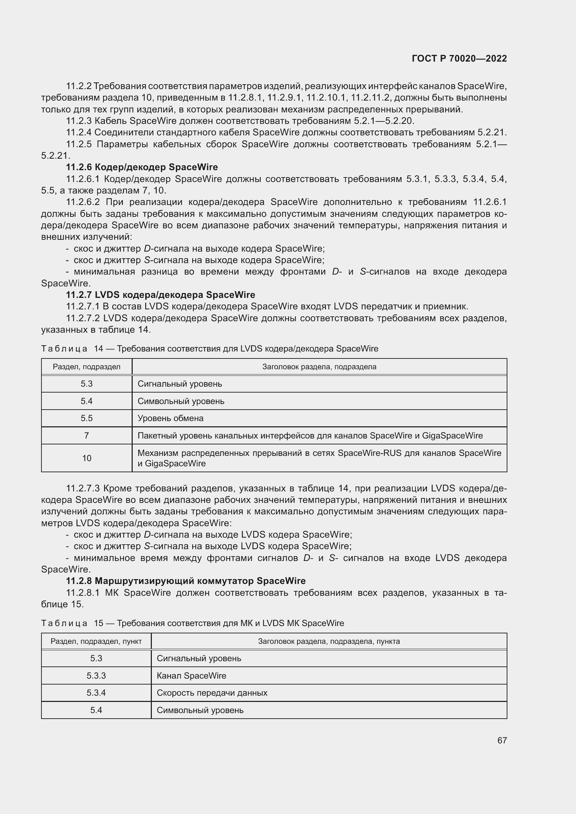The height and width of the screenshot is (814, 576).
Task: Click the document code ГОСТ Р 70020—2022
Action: click(x=459, y=59)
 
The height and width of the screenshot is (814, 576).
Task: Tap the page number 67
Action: click(x=501, y=740)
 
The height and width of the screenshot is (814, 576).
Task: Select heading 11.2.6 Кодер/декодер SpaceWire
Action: click(x=142, y=167)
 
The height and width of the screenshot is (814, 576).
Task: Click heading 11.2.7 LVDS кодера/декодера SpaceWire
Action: click(x=160, y=295)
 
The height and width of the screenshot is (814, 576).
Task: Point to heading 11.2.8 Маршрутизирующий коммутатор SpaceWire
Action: click(x=186, y=581)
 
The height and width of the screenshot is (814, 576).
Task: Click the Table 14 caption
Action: click(x=210, y=348)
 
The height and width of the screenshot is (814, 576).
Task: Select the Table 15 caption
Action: click(x=193, y=623)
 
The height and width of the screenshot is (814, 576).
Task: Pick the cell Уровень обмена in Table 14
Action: click(x=171, y=418)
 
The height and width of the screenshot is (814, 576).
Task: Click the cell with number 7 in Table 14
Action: click(x=87, y=435)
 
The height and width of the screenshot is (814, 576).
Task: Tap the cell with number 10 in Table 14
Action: click(x=87, y=458)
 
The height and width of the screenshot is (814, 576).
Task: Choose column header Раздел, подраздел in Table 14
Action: click(x=87, y=366)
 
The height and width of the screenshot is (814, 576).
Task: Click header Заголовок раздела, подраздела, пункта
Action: click(x=329, y=641)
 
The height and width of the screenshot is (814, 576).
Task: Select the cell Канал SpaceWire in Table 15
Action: click(x=192, y=675)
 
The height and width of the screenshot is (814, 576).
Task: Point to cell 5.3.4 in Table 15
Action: click(x=96, y=693)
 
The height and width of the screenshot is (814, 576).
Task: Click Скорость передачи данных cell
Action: click(x=212, y=693)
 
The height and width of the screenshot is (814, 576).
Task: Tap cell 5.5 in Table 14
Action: click(x=87, y=418)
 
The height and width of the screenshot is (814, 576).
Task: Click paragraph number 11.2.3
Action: click(x=78, y=121)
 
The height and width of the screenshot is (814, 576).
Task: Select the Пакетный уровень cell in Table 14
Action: click(x=310, y=435)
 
